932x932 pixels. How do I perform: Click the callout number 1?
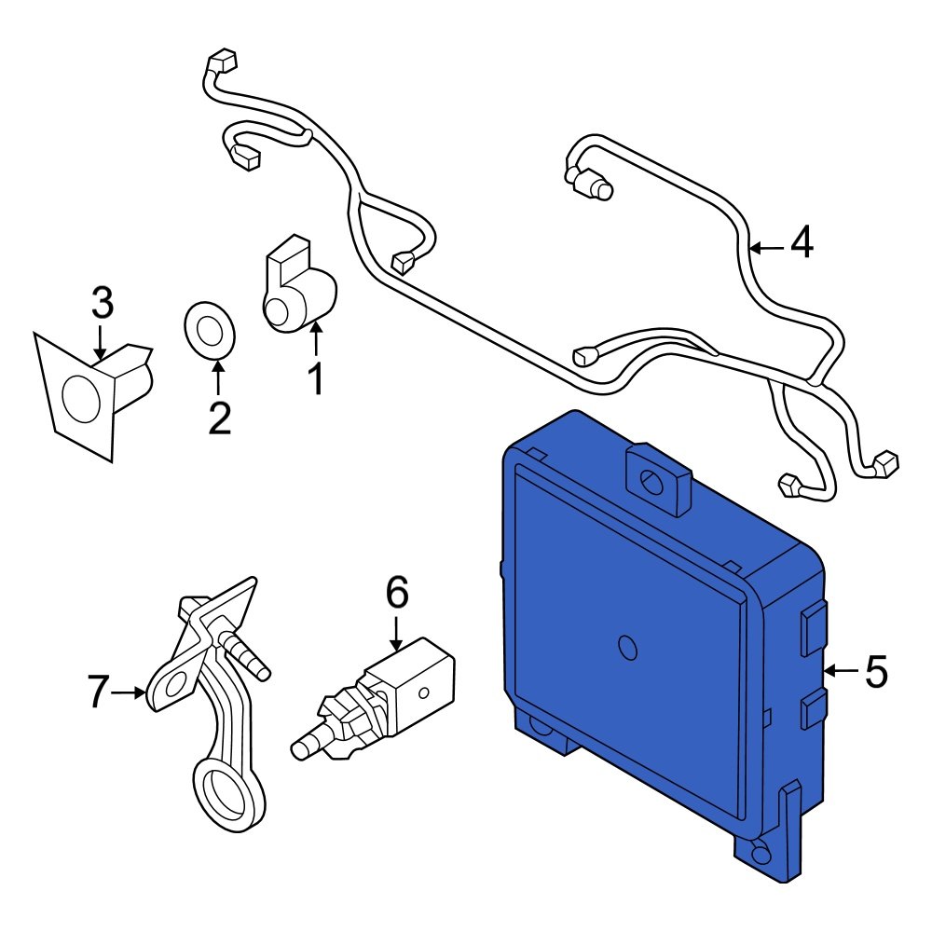pyautogui.click(x=316, y=379)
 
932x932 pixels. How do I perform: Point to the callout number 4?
pyautogui.click(x=802, y=244)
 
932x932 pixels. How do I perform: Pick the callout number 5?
pyautogui.click(x=876, y=671)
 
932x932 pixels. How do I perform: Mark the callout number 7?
pyautogui.click(x=100, y=692)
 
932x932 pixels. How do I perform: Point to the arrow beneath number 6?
pyautogui.click(x=397, y=631)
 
